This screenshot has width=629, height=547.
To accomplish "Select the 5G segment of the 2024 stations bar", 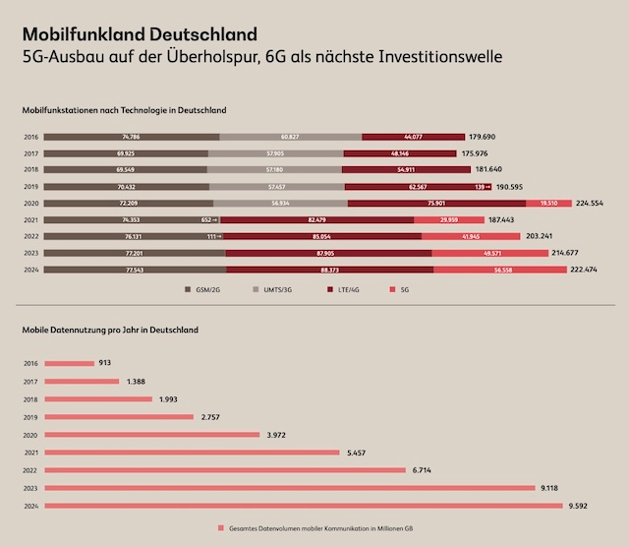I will point(518,269).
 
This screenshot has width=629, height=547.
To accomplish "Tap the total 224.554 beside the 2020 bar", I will point(595,203).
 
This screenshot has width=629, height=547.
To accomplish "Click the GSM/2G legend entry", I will point(203,290).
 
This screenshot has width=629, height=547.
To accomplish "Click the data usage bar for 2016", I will point(68,363).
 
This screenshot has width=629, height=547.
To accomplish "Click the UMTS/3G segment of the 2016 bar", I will point(290,137).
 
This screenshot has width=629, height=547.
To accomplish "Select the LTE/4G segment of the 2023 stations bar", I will point(328,253).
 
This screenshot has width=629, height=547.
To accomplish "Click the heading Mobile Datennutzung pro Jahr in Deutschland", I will point(110,330).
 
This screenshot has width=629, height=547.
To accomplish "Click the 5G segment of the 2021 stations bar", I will point(455,219).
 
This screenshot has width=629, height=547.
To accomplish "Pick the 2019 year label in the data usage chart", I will point(30,416).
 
